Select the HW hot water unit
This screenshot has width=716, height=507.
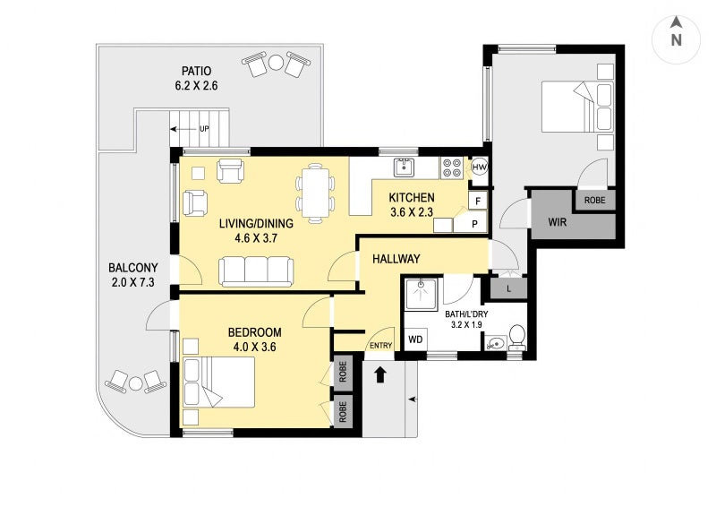tap(480, 168)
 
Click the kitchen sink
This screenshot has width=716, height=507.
tap(405, 166)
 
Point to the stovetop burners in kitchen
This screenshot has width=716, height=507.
tap(452, 168)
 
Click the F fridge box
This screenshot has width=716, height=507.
tap(477, 202)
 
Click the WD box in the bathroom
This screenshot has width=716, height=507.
tap(415, 340)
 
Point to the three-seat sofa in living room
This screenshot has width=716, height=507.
tap(256, 271)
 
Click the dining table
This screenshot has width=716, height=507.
tap(315, 191)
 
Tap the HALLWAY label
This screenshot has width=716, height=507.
tap(396, 259)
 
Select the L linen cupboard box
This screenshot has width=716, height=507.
tap(508, 288)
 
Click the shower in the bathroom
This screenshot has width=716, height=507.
tap(421, 295)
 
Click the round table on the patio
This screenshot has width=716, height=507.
tap(276, 63)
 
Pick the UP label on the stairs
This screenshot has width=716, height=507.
tap(204, 129)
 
